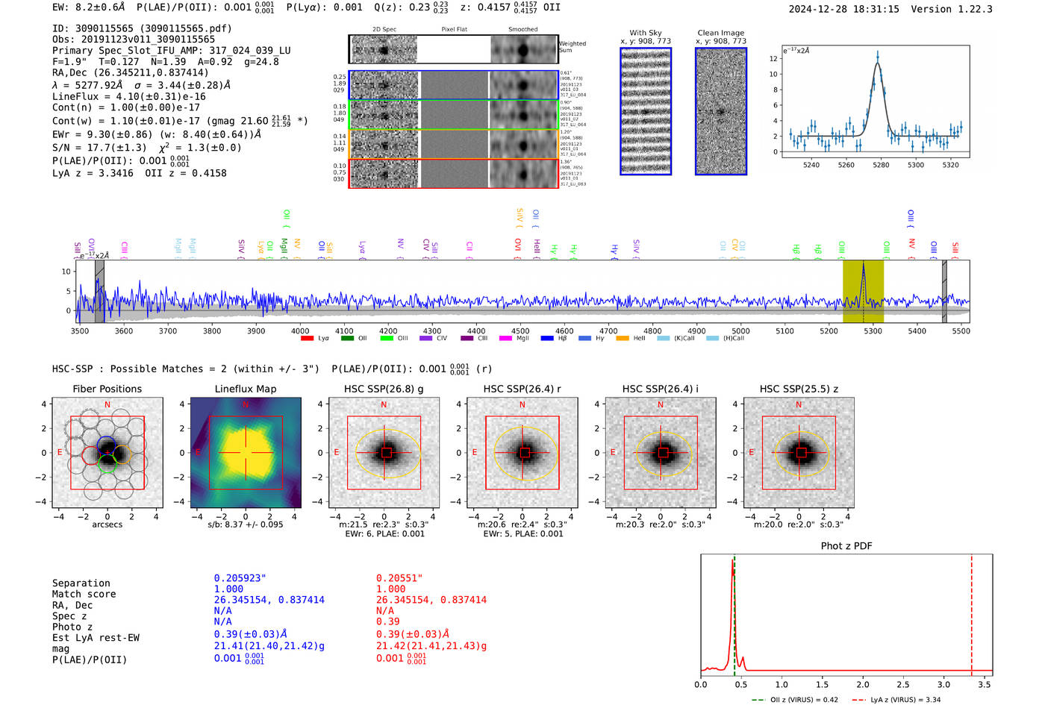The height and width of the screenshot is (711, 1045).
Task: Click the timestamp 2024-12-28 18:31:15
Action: (x=843, y=9)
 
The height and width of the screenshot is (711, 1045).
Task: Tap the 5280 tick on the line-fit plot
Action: (x=881, y=165)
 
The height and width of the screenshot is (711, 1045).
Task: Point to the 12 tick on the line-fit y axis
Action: (x=773, y=58)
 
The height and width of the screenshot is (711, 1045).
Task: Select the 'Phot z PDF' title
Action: (x=846, y=546)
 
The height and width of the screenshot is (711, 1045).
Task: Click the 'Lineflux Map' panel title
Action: (x=246, y=389)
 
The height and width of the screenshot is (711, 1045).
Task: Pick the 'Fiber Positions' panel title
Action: (x=107, y=389)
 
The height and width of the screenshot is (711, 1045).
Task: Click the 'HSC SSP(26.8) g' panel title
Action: (x=384, y=389)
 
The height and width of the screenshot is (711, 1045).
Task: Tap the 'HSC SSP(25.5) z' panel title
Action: (x=799, y=389)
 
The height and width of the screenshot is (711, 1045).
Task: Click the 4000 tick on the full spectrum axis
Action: (x=300, y=331)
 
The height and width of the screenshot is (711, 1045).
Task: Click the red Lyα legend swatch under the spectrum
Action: (x=307, y=339)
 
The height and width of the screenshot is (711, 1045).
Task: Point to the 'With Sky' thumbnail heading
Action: (x=646, y=33)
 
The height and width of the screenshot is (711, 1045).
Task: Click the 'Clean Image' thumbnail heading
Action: (x=720, y=33)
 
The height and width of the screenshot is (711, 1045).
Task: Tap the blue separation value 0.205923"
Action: (x=240, y=578)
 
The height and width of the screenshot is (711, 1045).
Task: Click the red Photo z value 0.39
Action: (x=387, y=621)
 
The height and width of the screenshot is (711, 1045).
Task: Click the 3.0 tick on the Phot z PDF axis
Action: (x=944, y=684)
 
